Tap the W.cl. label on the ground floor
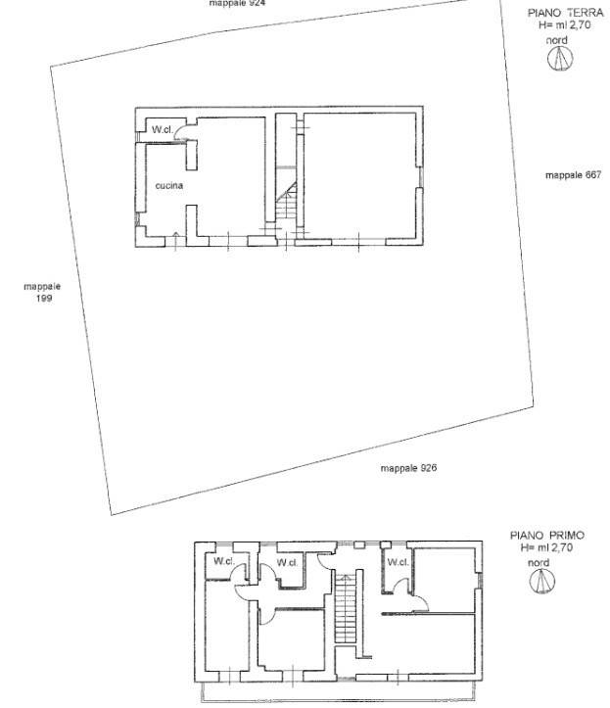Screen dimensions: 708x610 (162, 129)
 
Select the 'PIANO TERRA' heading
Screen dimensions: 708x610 (558, 14)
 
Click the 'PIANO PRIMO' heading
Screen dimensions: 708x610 (547, 536)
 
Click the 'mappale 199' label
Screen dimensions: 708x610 (42, 292)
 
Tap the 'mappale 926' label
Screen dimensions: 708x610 (408, 468)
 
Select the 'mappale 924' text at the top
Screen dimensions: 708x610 (237, 3)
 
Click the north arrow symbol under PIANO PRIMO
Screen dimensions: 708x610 (540, 583)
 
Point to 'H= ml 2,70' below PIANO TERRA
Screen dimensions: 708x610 (558, 26)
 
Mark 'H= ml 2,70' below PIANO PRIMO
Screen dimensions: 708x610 (546, 548)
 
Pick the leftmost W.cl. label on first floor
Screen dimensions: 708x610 (223, 561)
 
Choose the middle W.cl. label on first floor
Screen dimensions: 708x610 (287, 562)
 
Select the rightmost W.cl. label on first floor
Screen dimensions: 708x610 (397, 562)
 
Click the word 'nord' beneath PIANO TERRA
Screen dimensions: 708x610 (557, 39)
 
